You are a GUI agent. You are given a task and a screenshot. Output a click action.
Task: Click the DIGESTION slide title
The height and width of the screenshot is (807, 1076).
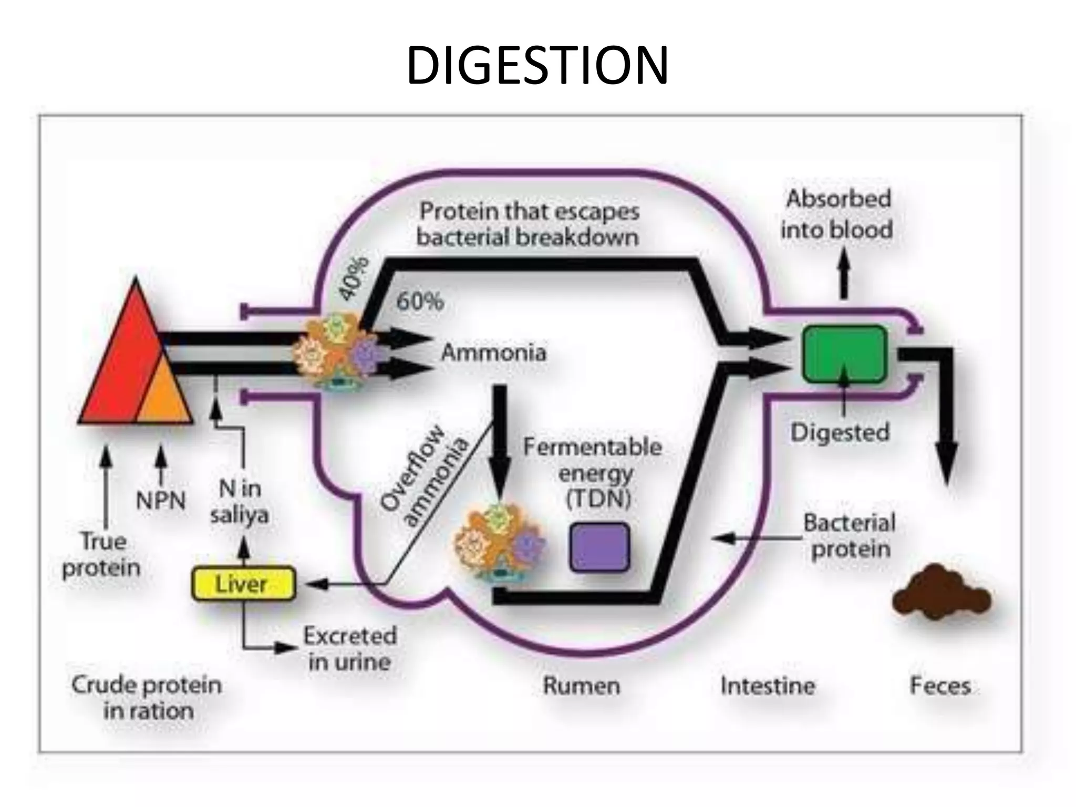[537, 65]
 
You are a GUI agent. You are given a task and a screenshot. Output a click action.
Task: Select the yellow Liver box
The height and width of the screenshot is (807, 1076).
[243, 584]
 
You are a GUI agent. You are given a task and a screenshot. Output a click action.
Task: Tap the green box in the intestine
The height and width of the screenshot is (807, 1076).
[844, 354]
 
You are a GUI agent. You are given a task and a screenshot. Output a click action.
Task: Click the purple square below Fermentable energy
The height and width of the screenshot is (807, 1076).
[600, 547]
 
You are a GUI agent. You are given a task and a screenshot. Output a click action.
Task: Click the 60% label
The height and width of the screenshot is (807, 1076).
[420, 302]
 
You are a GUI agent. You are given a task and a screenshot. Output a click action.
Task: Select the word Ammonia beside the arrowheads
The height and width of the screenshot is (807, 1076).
[493, 352]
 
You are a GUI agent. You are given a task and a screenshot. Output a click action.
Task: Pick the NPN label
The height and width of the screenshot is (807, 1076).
[161, 501]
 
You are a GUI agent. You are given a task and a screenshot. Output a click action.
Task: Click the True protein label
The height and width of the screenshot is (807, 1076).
[101, 554]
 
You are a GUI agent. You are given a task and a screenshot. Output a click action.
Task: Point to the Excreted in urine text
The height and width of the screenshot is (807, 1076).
[350, 649]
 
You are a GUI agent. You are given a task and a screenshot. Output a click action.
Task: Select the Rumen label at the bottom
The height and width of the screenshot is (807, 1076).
[581, 686]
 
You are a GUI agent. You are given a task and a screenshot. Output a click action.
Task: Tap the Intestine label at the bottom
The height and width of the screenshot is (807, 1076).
[768, 686]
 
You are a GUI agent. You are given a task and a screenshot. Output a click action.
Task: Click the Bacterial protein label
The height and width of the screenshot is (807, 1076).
[850, 536]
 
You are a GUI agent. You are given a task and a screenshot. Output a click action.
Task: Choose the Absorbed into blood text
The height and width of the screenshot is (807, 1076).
[837, 214]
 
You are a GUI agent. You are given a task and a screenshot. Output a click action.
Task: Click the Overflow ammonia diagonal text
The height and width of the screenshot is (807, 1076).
[423, 479]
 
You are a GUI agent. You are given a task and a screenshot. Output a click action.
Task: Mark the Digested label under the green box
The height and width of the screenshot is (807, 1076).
[840, 432]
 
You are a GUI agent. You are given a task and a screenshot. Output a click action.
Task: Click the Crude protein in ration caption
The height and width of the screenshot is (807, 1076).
[147, 698]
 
